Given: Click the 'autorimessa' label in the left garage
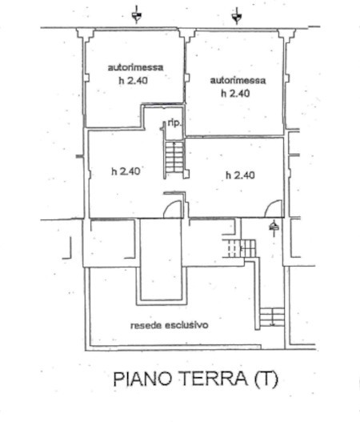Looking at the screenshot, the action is click(135, 67).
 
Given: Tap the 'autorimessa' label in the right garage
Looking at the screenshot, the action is click(238, 80).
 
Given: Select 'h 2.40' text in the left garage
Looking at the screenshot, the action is click(134, 80).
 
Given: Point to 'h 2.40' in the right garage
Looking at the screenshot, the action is click(235, 94).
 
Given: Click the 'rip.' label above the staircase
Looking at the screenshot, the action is click(174, 123).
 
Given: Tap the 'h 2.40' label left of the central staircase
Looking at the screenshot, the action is click(126, 171).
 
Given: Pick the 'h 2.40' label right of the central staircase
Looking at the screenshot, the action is click(240, 175).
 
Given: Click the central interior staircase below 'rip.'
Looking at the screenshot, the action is click(174, 157).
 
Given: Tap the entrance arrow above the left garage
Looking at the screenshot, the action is click(137, 15).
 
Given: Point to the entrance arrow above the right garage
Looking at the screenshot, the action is click(237, 15).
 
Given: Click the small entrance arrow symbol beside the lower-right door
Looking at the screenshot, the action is click(274, 228).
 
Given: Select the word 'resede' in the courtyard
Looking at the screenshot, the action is click(146, 326).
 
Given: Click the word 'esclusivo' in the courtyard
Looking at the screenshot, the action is click(186, 325).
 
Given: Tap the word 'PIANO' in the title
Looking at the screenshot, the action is click(142, 379).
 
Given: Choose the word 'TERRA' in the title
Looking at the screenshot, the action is click(213, 378).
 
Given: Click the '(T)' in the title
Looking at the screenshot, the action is click(266, 379).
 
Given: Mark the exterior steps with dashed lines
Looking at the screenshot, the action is click(238, 248).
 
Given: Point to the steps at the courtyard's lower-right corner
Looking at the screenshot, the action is click(272, 317).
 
